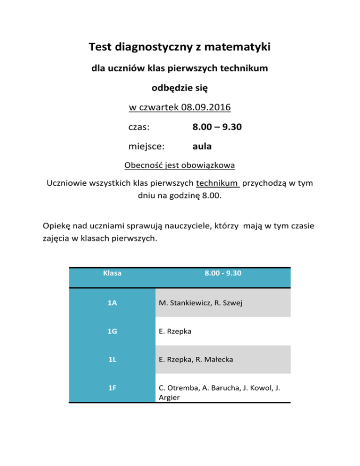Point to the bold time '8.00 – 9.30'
click(217, 127)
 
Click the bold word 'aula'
click(202, 146)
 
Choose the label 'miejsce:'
click(146, 146)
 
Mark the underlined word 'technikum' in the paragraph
click(218, 183)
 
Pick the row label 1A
click(112, 303)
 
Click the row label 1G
click(112, 331)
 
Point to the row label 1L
click(112, 360)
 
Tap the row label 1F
click(112, 388)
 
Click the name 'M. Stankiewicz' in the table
click(183, 303)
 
